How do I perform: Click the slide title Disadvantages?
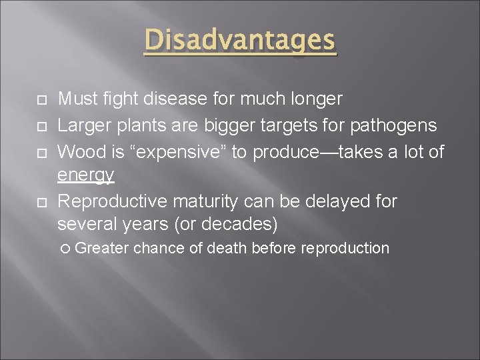(240, 41)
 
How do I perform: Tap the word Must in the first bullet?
(75, 99)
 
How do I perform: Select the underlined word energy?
(86, 176)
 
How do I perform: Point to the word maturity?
(199, 201)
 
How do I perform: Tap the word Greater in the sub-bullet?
(103, 249)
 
